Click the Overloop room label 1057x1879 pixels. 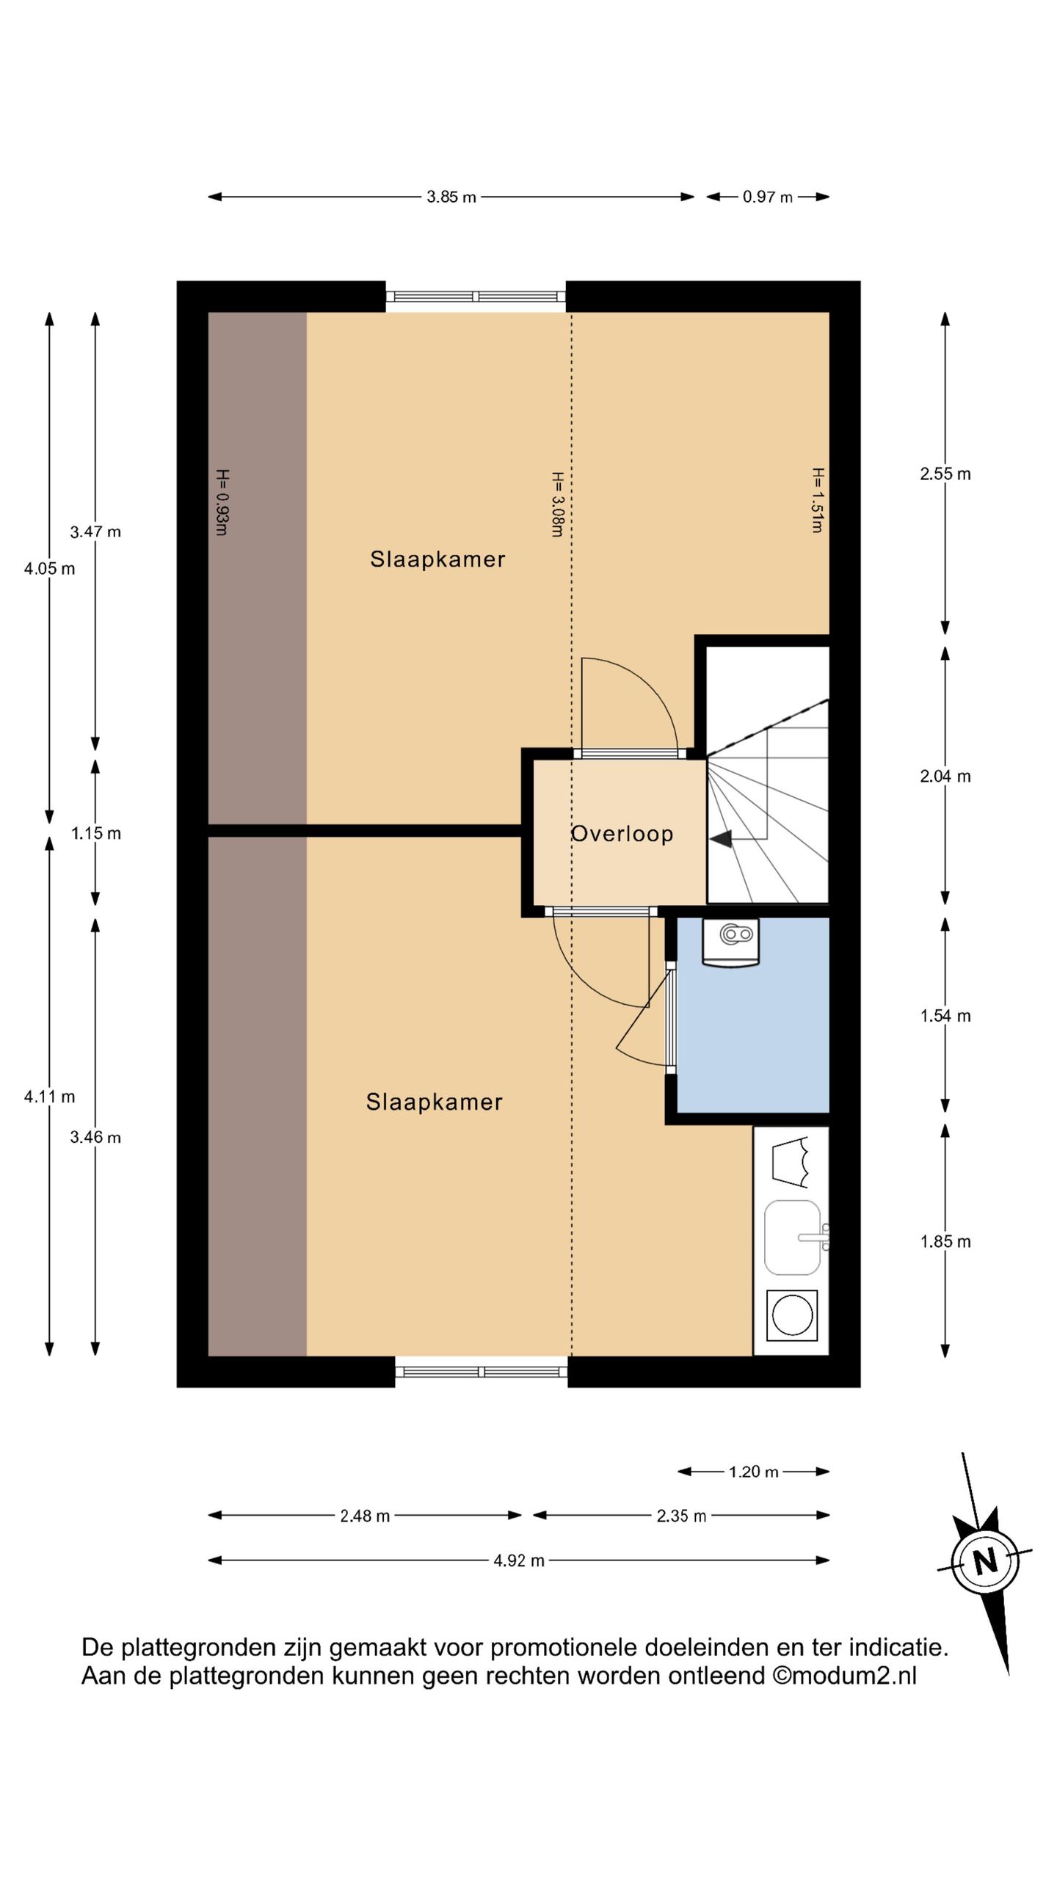[622, 834]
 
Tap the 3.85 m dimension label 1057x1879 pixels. [451, 197]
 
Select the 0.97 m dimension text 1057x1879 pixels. [768, 197]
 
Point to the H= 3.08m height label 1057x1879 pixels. [557, 504]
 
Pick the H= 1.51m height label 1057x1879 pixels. [818, 500]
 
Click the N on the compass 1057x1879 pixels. [985, 1560]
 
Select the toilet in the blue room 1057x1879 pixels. [730, 942]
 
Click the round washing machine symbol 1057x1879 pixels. [792, 1315]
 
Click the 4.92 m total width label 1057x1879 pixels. [519, 1560]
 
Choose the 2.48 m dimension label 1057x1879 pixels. [365, 1516]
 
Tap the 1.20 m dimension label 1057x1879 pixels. [754, 1472]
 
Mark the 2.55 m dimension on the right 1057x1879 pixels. [945, 474]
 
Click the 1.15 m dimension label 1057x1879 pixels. [96, 834]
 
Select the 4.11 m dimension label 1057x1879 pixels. [50, 1097]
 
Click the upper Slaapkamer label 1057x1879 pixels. [437, 559]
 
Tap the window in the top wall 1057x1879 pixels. [476, 297]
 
